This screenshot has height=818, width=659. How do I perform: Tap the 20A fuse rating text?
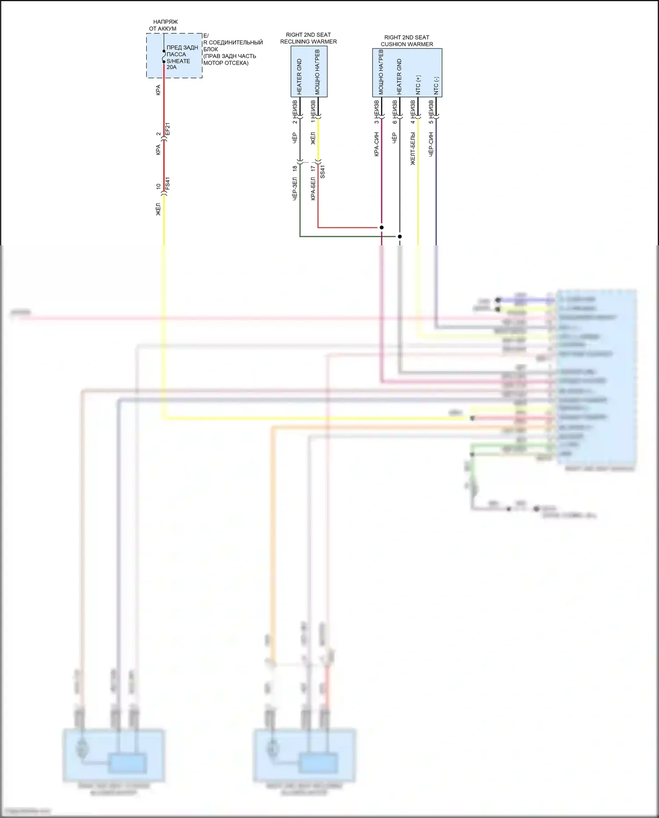point(171,67)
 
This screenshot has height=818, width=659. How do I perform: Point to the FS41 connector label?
point(167,184)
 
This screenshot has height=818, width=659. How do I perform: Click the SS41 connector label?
point(323,171)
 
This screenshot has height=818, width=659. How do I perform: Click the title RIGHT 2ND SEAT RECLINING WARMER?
point(308,38)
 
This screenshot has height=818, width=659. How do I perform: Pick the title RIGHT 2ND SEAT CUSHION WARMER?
point(407,41)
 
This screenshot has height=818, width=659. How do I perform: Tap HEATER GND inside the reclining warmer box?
point(300,77)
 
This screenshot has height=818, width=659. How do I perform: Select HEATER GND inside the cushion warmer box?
point(399,76)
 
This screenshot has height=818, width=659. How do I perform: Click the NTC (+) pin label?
point(418,85)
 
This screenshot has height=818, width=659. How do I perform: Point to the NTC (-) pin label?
point(436,86)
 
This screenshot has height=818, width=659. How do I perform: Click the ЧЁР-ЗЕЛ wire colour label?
point(295,189)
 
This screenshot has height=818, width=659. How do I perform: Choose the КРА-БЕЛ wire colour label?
point(313,189)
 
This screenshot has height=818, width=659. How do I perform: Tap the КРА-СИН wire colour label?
point(377,145)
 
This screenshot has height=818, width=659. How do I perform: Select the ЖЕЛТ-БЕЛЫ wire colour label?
point(413,149)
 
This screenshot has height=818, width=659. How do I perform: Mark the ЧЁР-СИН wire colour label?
point(431,145)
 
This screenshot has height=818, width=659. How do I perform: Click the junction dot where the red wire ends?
point(382,227)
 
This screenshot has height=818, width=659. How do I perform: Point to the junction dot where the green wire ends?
point(400,236)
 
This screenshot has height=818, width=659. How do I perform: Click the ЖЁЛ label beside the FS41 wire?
point(159,209)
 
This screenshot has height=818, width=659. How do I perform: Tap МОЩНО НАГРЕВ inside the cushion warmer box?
point(381,72)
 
